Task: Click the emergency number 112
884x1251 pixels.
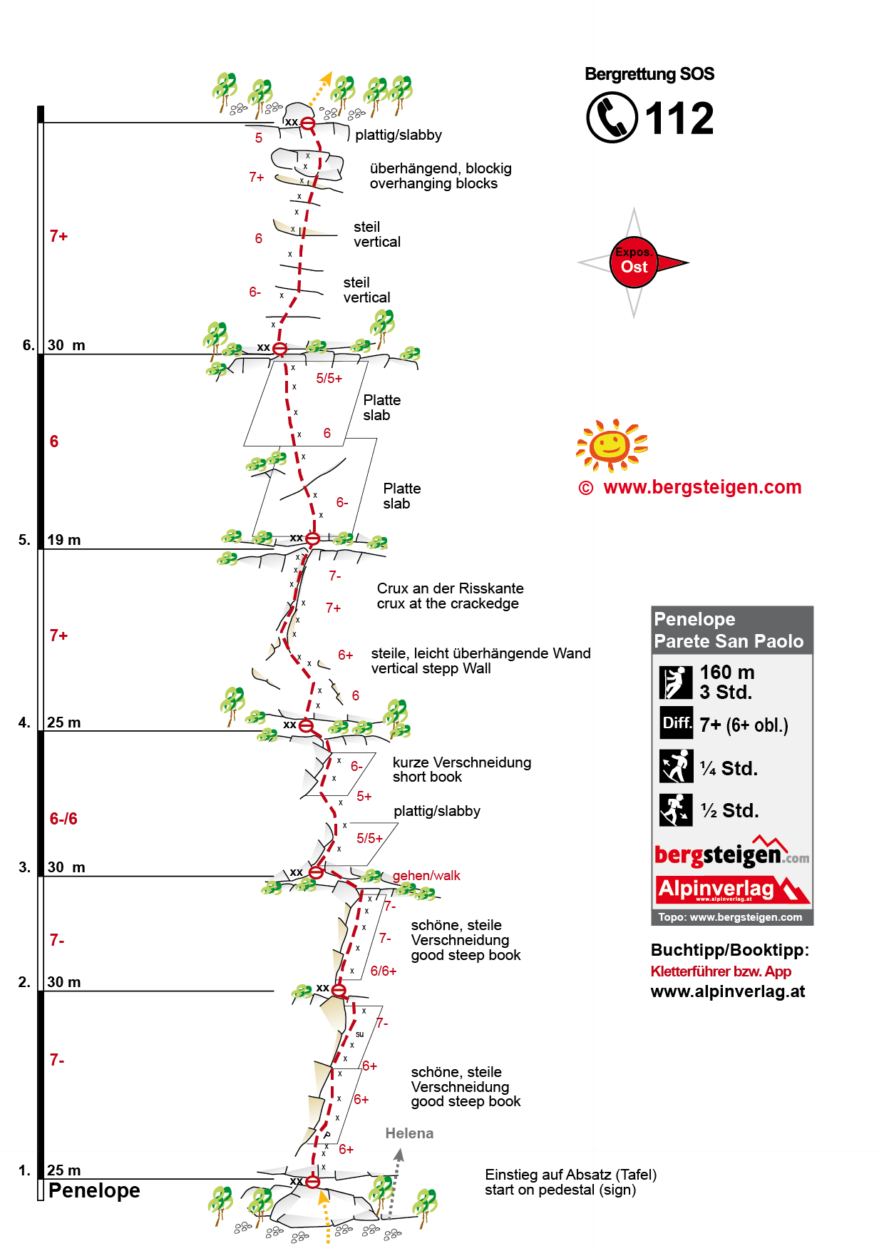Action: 679,118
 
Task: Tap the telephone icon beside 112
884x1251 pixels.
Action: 612,118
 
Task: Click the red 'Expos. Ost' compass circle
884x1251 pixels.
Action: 634,262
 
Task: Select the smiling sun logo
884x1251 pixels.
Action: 611,446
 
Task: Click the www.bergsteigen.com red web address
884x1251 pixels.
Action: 702,487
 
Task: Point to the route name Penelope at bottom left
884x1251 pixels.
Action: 94,1190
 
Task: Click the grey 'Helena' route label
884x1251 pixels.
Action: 409,1133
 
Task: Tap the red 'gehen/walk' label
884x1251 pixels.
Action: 426,875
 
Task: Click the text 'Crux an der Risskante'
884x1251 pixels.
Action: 450,588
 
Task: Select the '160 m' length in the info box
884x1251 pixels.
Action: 726,673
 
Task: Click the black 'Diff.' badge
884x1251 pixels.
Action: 676,723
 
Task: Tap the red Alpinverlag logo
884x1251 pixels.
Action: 732,889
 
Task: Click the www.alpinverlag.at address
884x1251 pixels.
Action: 728,991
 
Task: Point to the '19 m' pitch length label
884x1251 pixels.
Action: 64,540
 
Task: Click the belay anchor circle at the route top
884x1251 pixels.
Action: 308,123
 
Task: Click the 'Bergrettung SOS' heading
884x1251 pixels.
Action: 649,74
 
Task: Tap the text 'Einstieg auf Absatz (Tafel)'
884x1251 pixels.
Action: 570,1175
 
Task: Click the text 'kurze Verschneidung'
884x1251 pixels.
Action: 461,762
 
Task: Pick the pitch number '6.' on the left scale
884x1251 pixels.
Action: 29,345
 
